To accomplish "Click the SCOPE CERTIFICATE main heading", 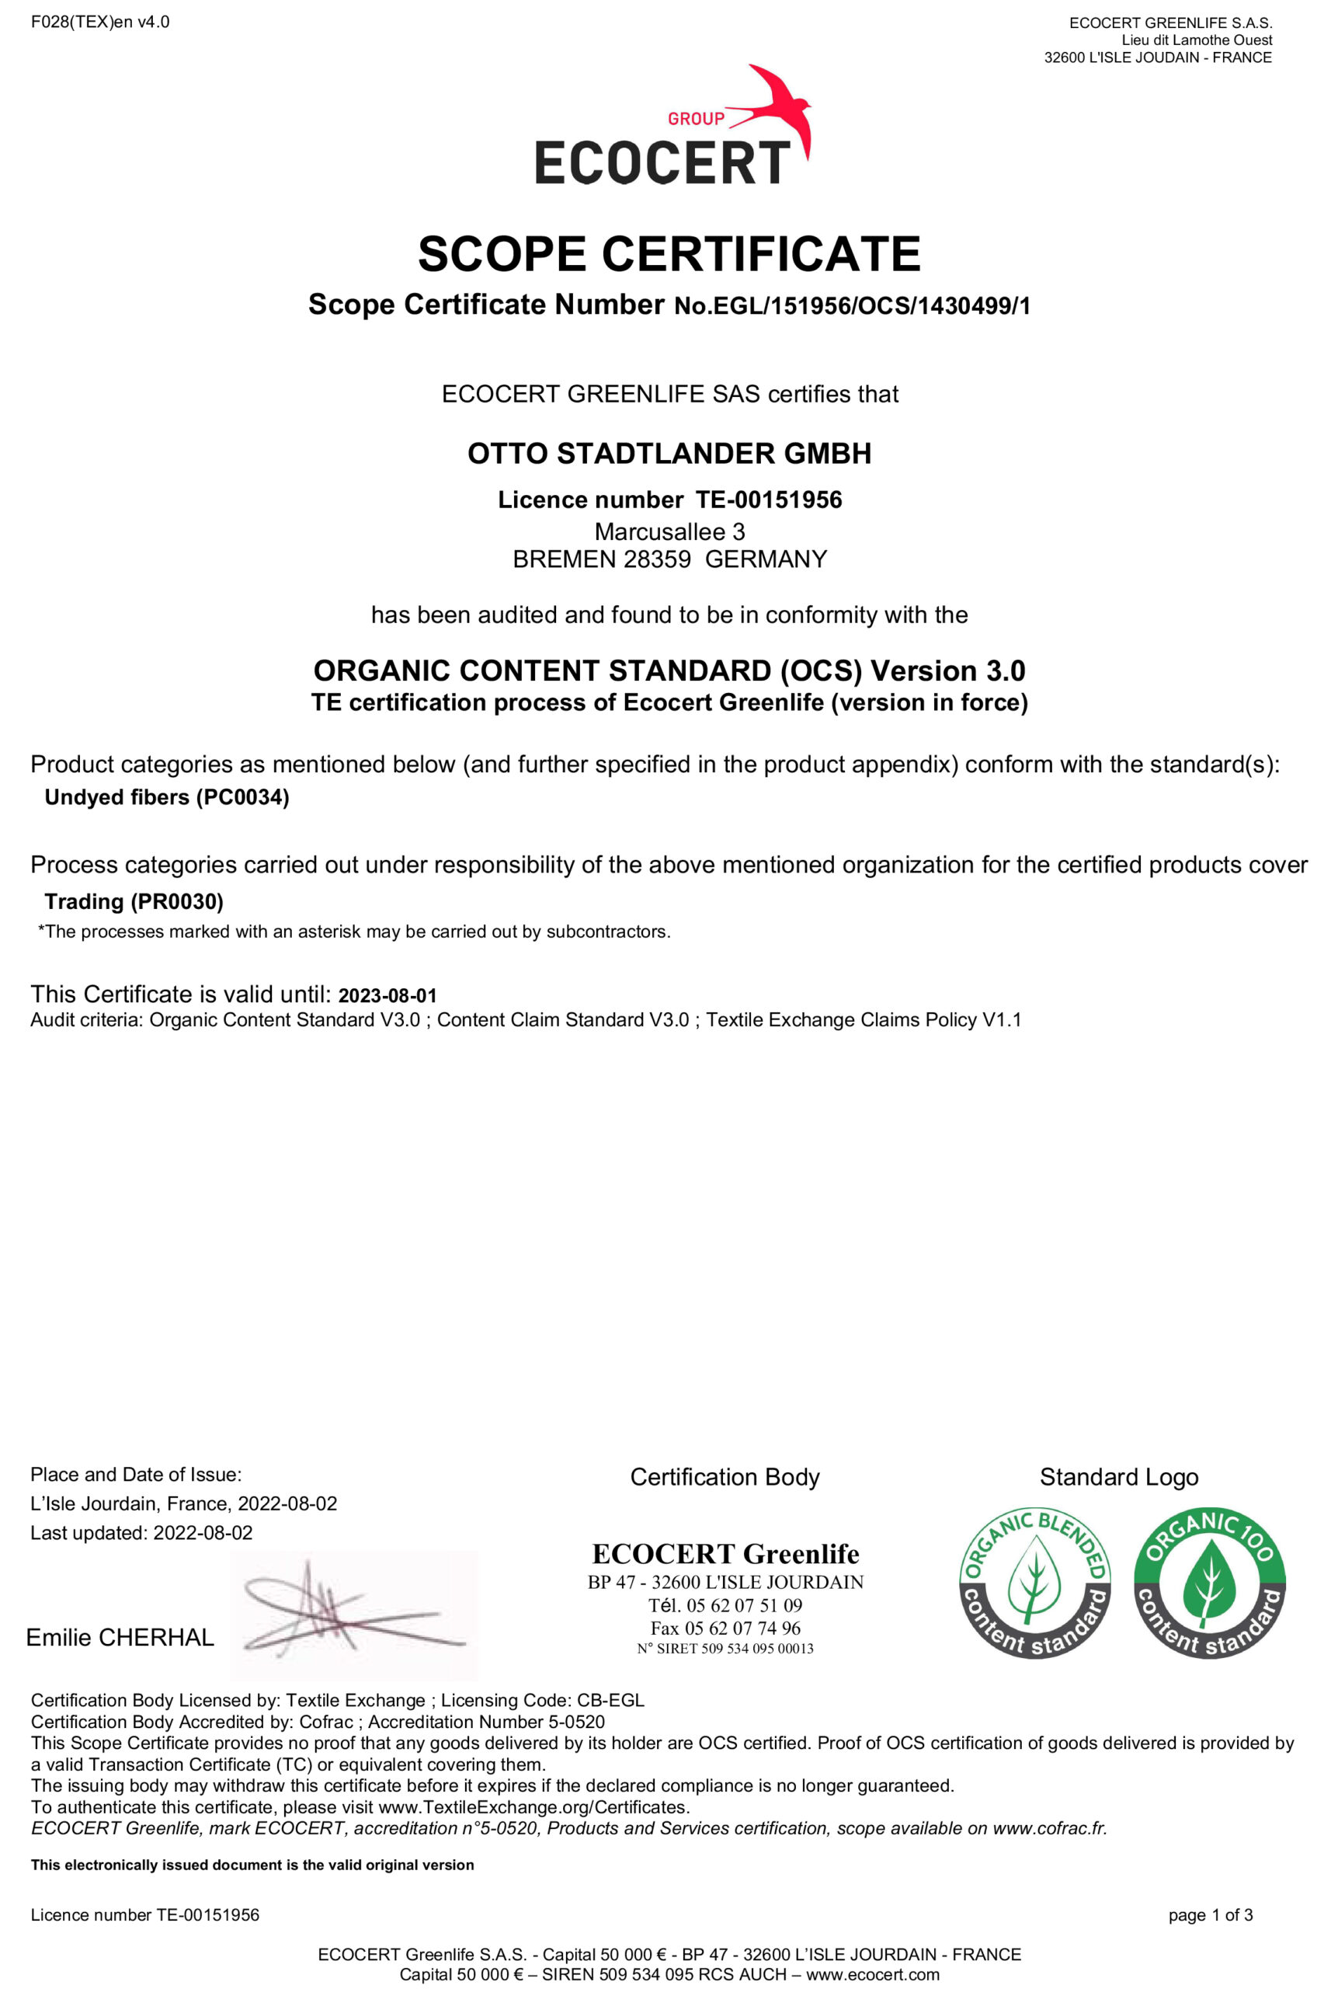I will pos(669,253).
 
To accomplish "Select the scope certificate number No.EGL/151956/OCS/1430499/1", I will pos(852,305).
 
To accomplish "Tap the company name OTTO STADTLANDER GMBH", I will pos(669,453).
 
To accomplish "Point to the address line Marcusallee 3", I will pos(669,531).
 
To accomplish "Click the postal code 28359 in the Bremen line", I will pos(656,559).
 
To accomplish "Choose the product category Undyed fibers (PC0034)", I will pos(166,797).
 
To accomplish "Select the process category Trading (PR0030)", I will pos(134,901).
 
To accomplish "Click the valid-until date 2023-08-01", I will pos(387,995).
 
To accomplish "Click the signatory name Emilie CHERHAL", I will pos(120,1637).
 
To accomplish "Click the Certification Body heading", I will pos(725,1478).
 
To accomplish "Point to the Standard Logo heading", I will pos(1119,1478).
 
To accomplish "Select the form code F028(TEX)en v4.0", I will pos(100,23).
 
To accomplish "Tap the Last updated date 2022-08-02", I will pos(203,1532).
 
